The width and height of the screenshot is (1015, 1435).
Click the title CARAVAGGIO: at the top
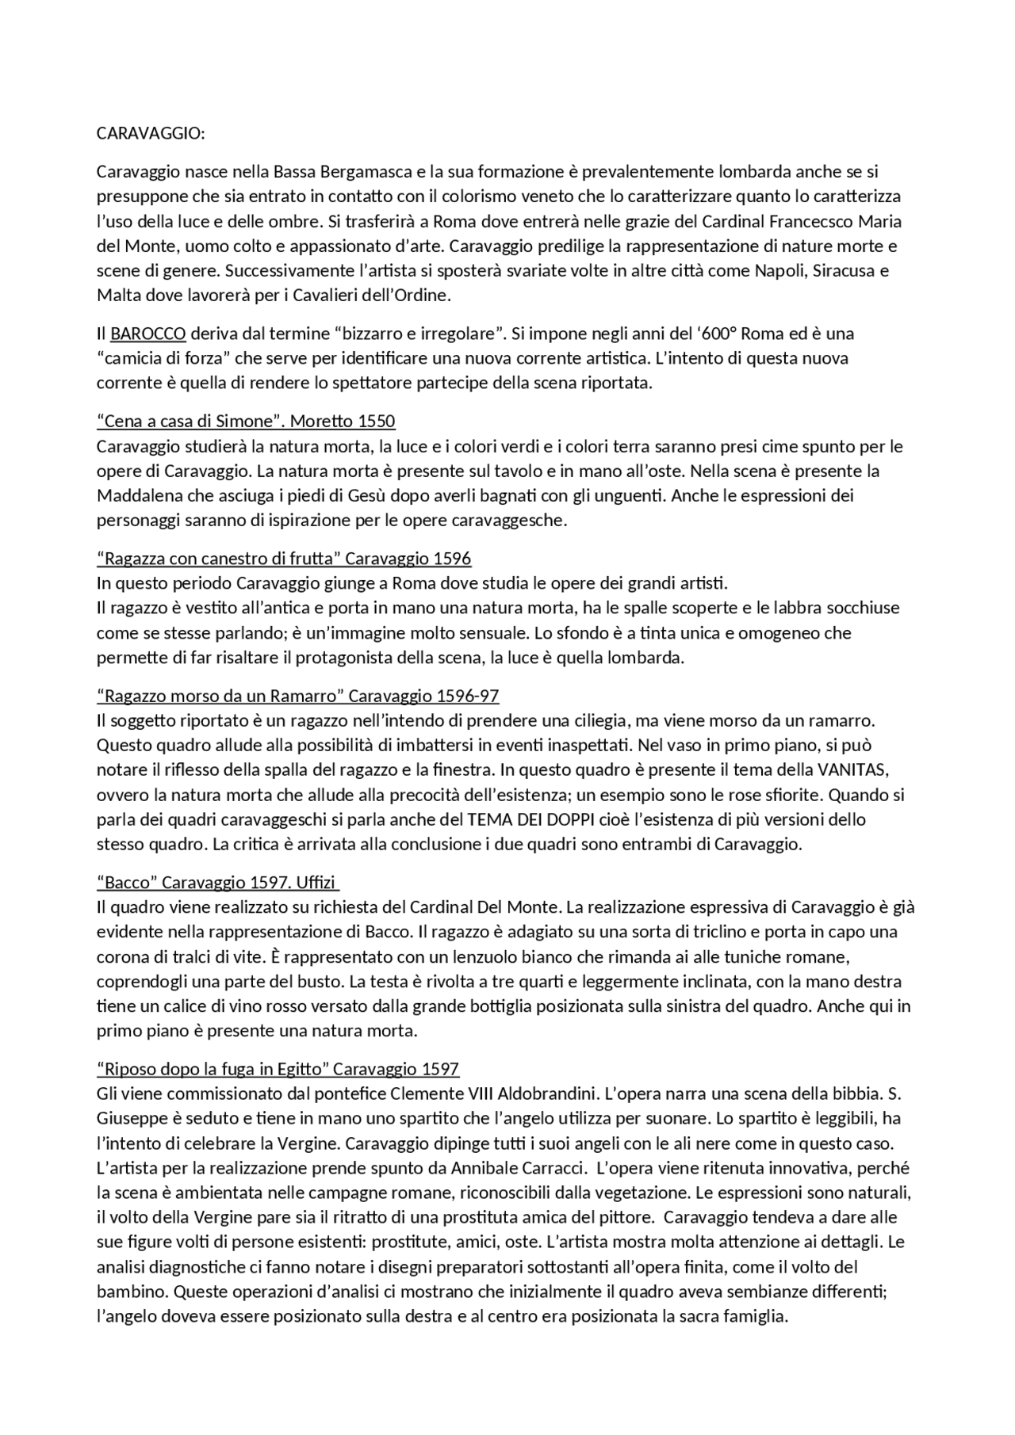[151, 133]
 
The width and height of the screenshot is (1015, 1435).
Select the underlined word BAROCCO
[148, 333]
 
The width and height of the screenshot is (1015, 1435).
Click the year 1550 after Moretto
[375, 421]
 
